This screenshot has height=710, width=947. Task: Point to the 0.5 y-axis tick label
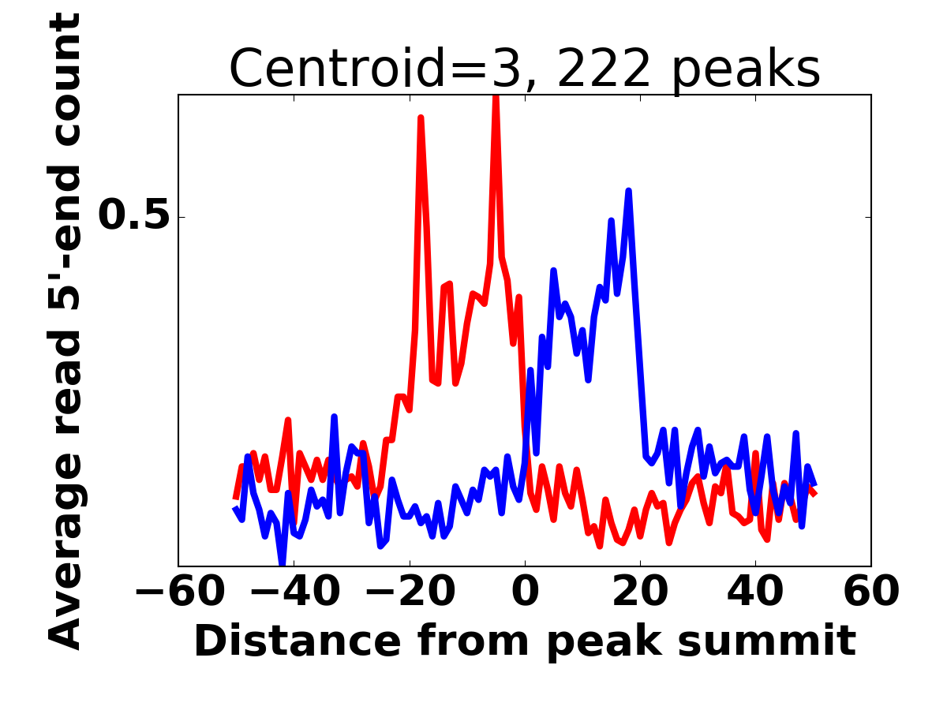(x=134, y=217)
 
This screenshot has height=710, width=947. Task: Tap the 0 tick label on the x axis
(x=525, y=592)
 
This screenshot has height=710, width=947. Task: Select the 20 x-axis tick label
(x=640, y=592)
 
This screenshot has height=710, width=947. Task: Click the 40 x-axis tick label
(x=755, y=592)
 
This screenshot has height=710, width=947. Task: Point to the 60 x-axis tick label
(x=870, y=592)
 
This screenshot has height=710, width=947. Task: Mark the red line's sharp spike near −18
(x=421, y=118)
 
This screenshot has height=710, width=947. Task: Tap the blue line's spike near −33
(x=335, y=417)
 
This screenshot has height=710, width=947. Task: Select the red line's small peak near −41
(x=289, y=420)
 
